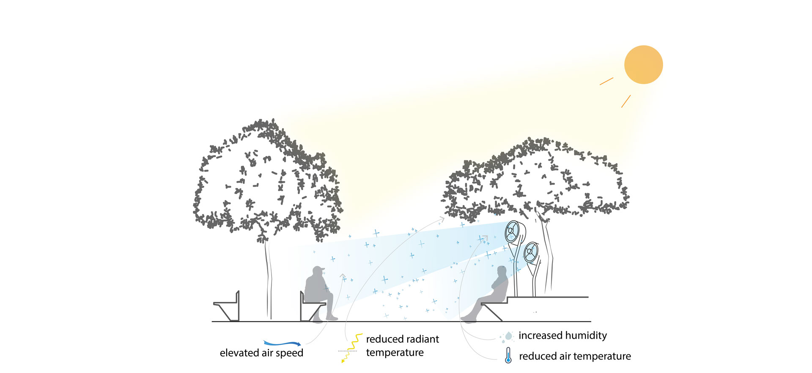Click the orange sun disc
point(643,65)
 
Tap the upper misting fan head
point(512,232)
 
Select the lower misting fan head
point(531,252)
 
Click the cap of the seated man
point(318,269)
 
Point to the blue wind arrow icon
point(282,343)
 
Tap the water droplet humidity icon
point(507,337)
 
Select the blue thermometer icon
point(508,356)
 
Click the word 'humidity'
point(586,336)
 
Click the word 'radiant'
point(420,339)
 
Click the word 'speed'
point(289,353)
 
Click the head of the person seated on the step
point(502,272)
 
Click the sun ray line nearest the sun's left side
point(606,81)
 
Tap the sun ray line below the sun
point(626,101)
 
